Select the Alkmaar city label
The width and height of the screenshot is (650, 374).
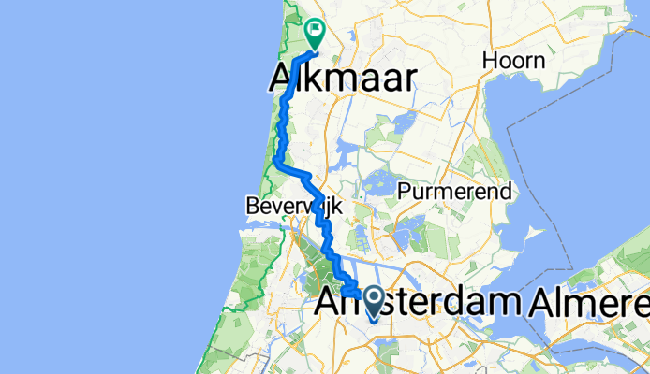tap(343, 79)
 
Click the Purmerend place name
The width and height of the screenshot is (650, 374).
tap(454, 191)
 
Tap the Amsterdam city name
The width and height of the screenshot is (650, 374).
tap(419, 303)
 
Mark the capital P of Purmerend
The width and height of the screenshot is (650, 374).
tap(404, 191)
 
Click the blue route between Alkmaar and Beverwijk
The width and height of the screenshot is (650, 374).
tap(280, 140)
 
